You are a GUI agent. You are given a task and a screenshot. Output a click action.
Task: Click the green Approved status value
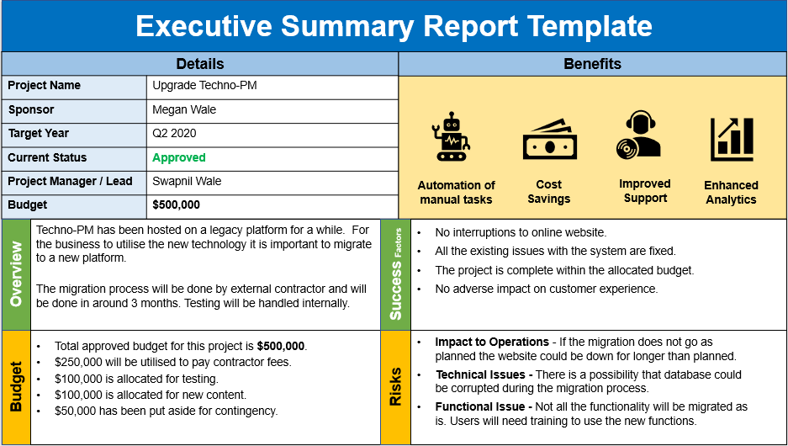[x=179, y=157]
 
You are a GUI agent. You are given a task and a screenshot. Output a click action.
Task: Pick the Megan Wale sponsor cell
[x=184, y=109]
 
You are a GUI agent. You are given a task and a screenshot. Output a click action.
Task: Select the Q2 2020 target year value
[x=174, y=133]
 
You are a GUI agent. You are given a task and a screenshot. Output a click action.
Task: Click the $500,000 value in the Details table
[x=177, y=204]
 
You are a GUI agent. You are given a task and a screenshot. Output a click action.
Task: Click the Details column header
[x=200, y=64]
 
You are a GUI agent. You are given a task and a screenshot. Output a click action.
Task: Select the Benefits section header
[x=593, y=64]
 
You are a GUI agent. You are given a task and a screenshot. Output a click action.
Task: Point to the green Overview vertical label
[x=16, y=275]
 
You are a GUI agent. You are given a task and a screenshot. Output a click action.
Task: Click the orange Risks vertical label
[x=395, y=386]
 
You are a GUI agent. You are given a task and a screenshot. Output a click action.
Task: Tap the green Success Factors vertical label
[x=395, y=275]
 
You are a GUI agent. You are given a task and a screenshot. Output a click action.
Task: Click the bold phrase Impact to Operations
[x=492, y=342]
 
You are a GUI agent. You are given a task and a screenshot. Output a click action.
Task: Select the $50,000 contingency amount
[x=77, y=411]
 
